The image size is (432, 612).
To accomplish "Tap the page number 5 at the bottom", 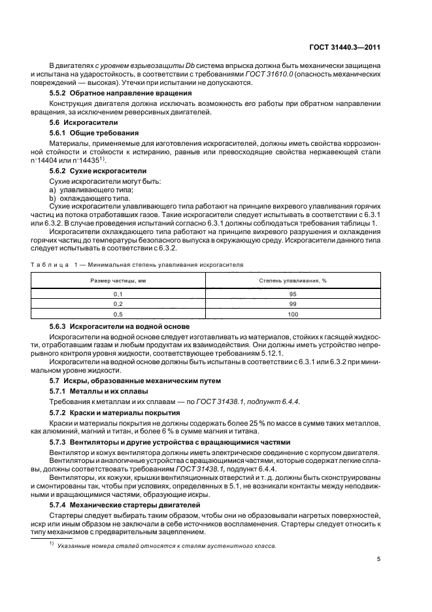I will (378, 559).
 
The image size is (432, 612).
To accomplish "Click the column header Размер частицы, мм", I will (118, 280).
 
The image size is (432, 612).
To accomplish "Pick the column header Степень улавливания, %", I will (292, 280).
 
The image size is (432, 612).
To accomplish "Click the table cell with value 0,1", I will (118, 294).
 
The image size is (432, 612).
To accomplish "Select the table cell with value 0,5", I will (118, 314).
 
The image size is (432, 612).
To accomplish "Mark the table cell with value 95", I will (292, 294).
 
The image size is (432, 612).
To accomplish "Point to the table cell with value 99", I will (292, 304).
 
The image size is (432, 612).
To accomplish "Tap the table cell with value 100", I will (292, 314).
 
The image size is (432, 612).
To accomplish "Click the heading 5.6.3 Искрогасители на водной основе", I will (120, 326).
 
